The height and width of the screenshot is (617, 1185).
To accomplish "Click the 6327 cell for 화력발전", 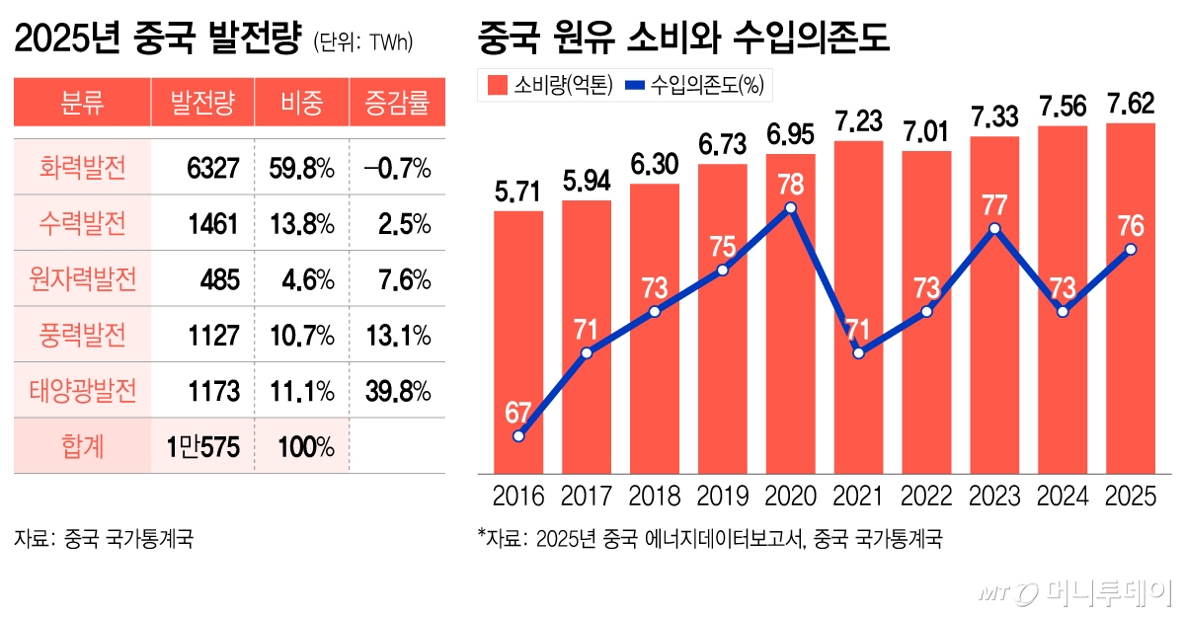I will tap(212, 169).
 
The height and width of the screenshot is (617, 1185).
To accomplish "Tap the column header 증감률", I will tap(397, 103).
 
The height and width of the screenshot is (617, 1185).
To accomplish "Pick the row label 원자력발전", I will tap(83, 280).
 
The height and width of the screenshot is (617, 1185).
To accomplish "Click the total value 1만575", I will tap(203, 447).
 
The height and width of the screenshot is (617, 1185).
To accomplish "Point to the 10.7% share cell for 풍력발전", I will tap(301, 336).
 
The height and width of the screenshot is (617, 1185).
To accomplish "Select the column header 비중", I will tap(301, 103).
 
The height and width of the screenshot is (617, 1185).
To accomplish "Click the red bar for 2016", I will tap(518, 346).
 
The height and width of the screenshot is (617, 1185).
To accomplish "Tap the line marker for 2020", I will tap(791, 207).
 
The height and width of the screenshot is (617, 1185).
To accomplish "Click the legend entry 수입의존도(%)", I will tap(695, 86).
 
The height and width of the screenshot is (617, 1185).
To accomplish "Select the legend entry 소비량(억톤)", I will tap(550, 86).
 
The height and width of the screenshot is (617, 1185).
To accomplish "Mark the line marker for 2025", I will tap(1131, 250).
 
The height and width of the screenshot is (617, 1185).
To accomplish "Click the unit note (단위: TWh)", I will tap(362, 42).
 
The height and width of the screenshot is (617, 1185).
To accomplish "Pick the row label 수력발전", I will tap(83, 224).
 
